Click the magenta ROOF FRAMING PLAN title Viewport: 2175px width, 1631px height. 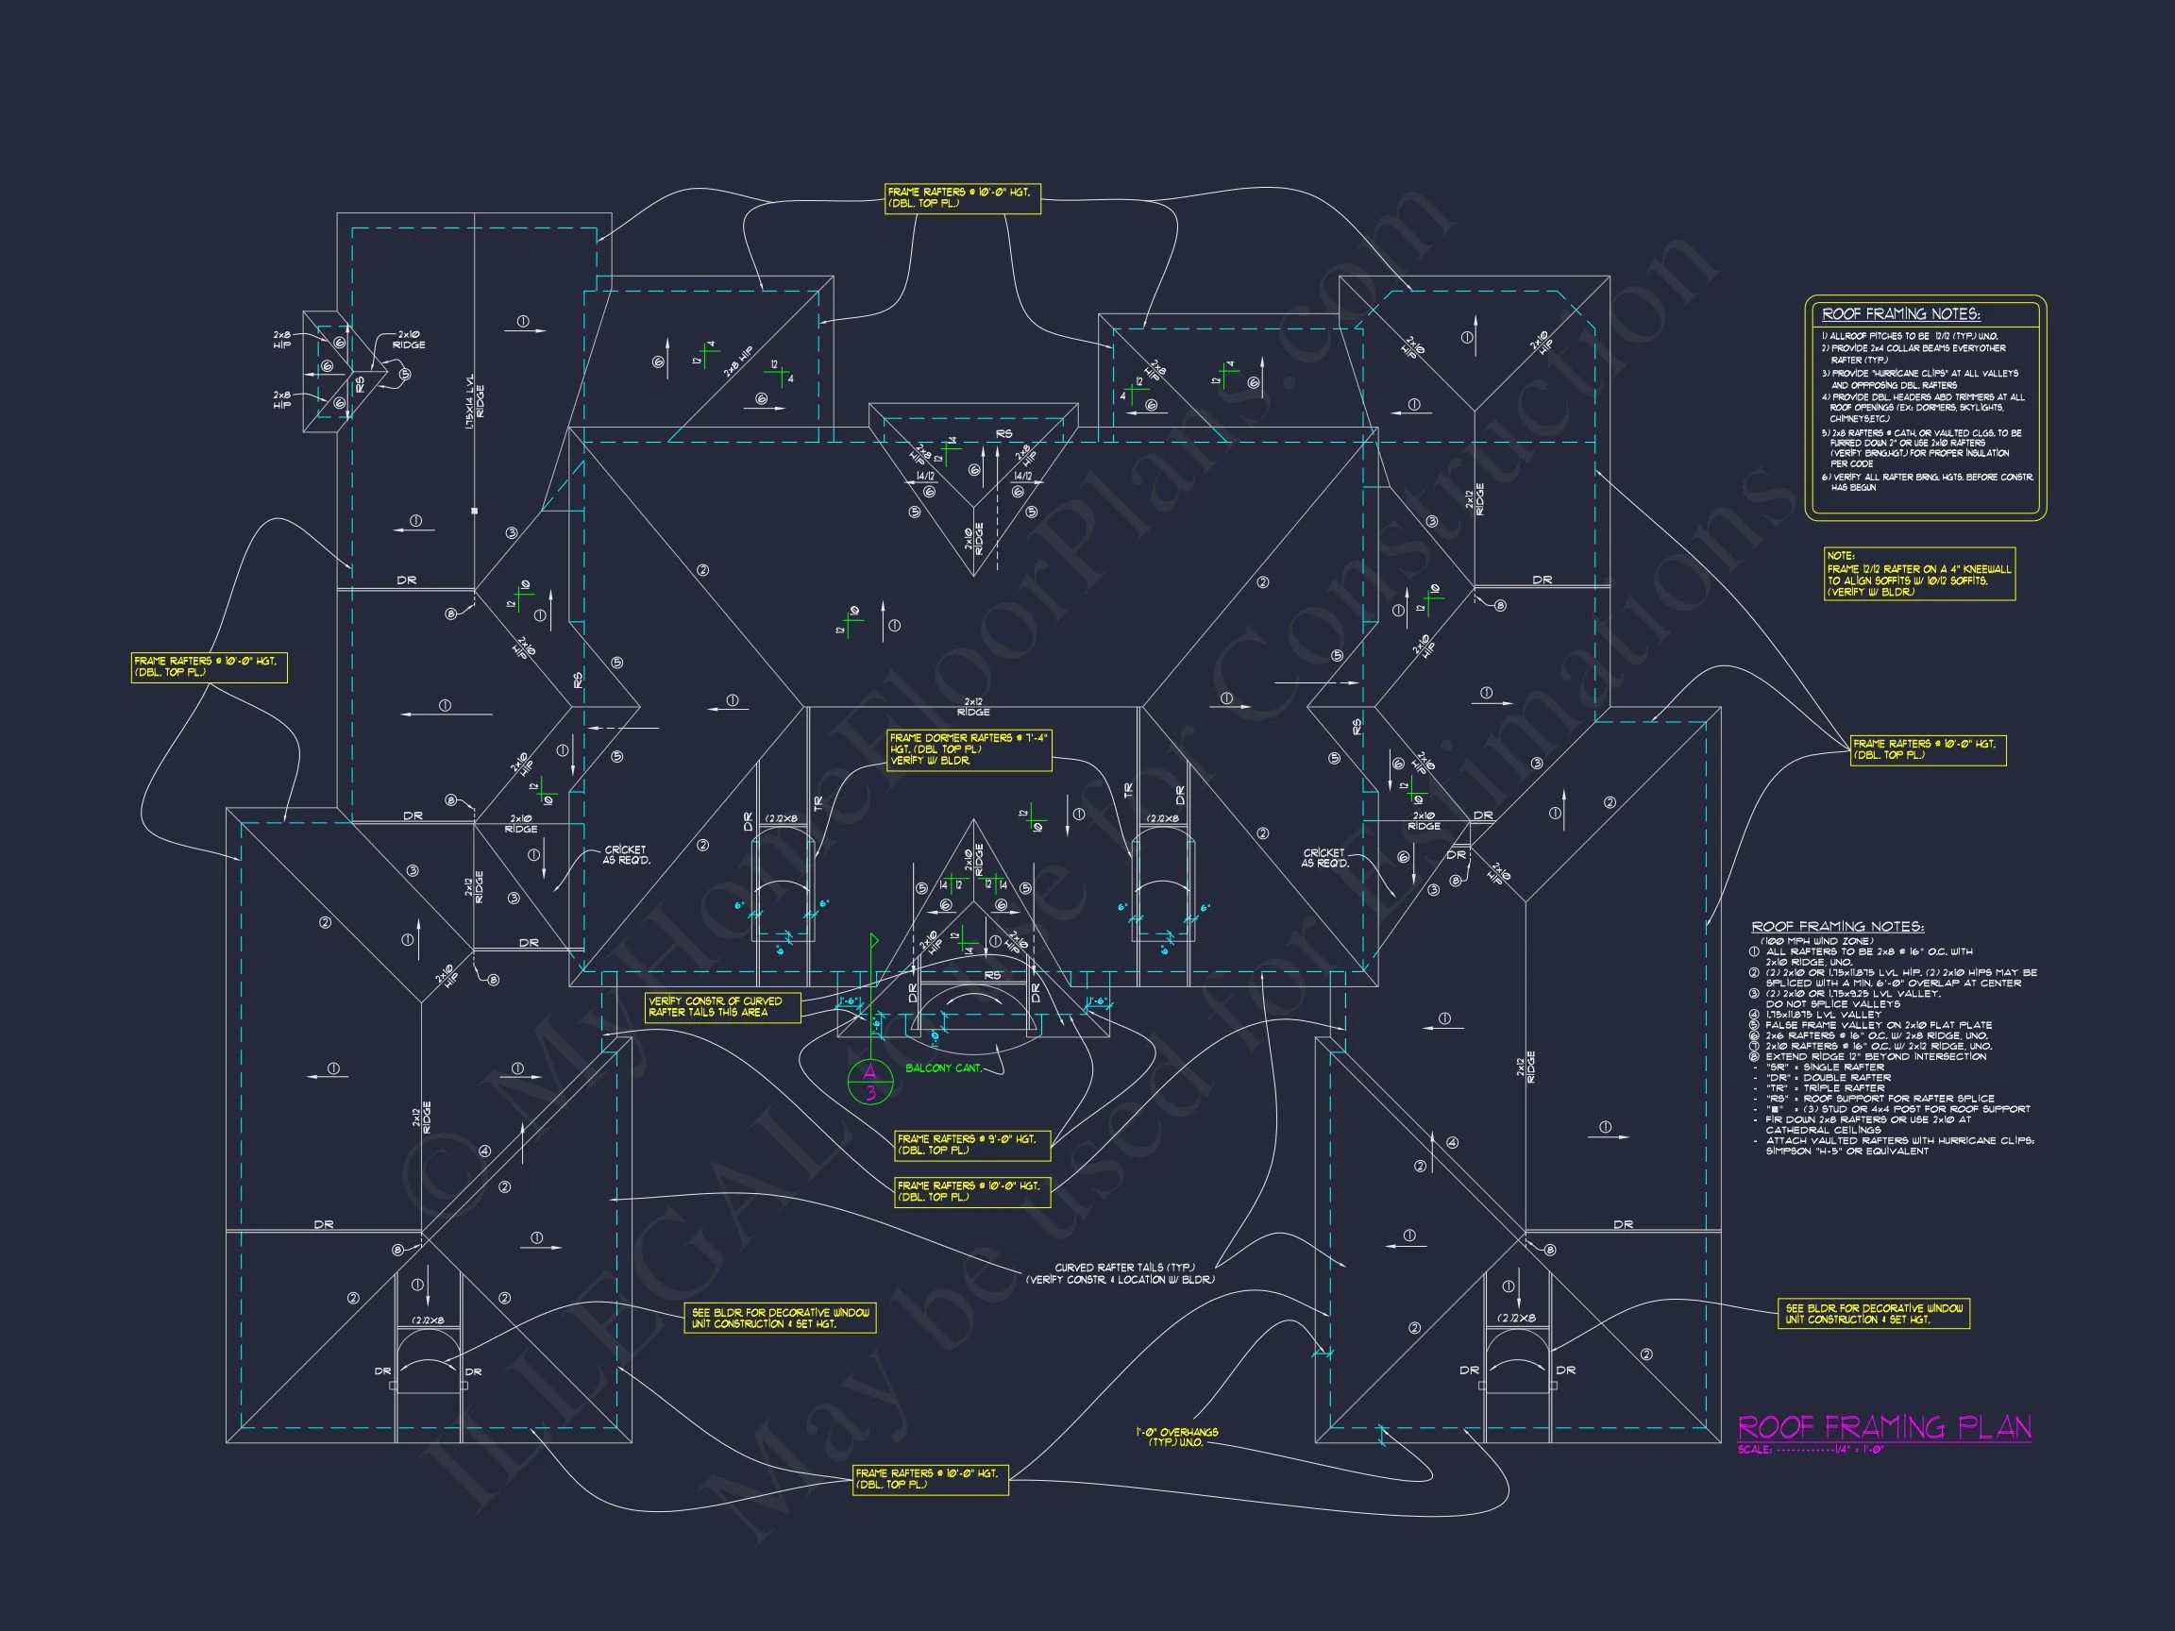click(1883, 1426)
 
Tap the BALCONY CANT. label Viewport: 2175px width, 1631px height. click(943, 1068)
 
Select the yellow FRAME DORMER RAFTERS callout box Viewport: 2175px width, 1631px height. click(969, 749)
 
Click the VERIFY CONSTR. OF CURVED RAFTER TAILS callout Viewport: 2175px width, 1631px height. click(723, 1007)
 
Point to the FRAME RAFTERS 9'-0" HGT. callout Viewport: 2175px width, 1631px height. click(971, 1144)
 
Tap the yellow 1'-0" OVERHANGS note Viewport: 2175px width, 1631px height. click(1176, 1438)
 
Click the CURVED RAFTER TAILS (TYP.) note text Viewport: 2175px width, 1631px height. click(1120, 1274)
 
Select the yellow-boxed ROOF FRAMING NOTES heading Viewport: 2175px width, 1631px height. click(1899, 314)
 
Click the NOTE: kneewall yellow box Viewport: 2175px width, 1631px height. click(1918, 574)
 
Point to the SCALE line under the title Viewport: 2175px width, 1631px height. click(1811, 1450)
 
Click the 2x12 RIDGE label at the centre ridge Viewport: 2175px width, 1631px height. click(972, 707)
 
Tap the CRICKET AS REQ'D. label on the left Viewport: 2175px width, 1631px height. click(626, 855)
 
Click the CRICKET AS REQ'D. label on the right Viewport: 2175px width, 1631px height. click(1324, 858)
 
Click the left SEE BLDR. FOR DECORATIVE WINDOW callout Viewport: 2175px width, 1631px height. click(779, 1319)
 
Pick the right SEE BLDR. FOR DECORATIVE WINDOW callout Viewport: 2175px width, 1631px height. click(1873, 1315)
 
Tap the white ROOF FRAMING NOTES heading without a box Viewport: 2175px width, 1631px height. click(1837, 926)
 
